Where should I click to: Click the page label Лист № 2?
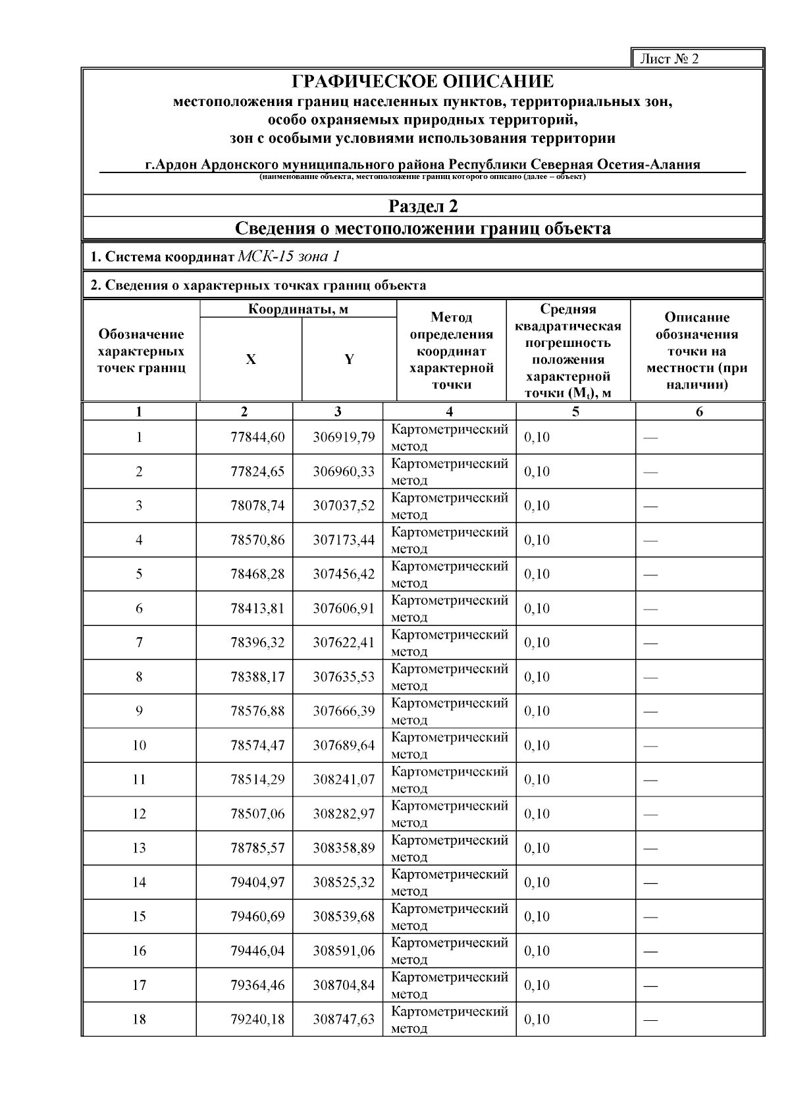[x=669, y=59]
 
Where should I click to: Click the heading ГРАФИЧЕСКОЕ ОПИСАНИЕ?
[x=423, y=82]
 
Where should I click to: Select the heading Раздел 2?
[x=423, y=207]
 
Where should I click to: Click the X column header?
[x=251, y=359]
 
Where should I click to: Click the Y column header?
[x=349, y=359]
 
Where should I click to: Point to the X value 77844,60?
[x=257, y=438]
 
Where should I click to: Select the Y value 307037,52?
[x=343, y=506]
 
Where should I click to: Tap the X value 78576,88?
[x=257, y=712]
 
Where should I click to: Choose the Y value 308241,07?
[x=343, y=780]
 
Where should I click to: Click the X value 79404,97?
[x=257, y=883]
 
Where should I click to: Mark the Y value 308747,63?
[x=343, y=1020]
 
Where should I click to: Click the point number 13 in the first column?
[x=139, y=848]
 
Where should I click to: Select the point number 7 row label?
[x=139, y=643]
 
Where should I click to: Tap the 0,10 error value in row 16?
[x=537, y=951]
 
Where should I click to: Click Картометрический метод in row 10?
[x=449, y=746]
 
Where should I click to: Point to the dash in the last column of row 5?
[x=650, y=575]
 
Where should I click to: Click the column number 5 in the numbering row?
[x=575, y=412]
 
